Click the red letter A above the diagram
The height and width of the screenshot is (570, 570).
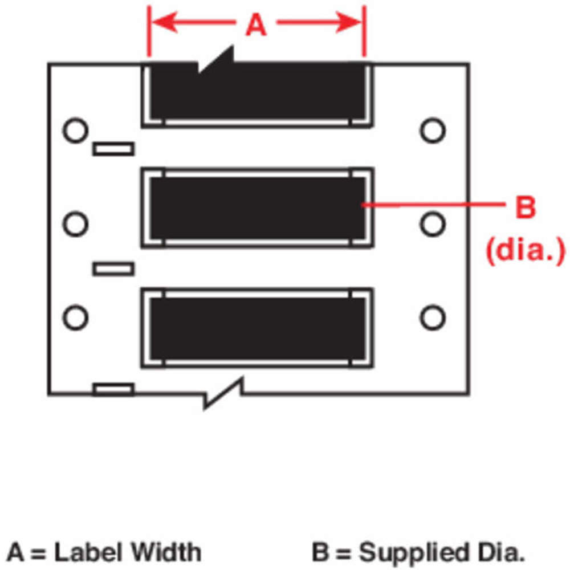click(256, 25)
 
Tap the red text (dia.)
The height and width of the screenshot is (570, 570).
click(524, 249)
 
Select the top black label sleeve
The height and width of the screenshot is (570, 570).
click(256, 91)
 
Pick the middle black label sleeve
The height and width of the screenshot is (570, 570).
click(256, 207)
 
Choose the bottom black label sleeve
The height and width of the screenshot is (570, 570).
click(256, 328)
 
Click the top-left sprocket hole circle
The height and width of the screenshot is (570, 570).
click(75, 130)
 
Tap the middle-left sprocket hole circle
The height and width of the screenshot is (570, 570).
click(75, 223)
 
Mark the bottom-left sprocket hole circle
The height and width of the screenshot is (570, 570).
click(75, 317)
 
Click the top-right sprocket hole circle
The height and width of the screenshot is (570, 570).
click(433, 130)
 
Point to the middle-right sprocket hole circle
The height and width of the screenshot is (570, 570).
click(433, 223)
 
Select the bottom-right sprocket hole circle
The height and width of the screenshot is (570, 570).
click(433, 317)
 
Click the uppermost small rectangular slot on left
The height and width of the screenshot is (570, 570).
click(113, 149)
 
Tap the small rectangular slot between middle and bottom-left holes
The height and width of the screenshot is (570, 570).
click(113, 268)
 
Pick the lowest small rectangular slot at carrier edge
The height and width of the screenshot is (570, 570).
click(113, 389)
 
